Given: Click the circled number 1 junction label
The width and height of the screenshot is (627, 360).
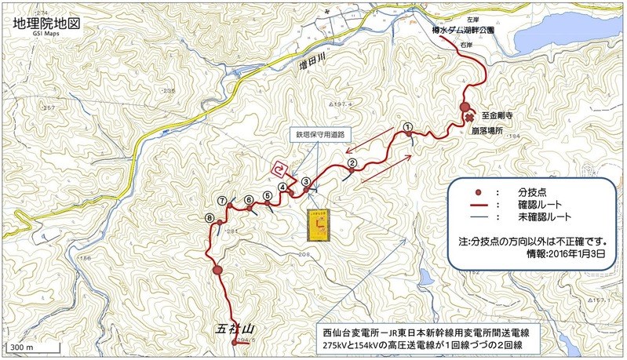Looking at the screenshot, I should [407, 126].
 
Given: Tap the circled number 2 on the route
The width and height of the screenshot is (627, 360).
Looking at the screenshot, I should [352, 163].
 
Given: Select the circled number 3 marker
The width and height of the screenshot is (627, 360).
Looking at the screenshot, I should [305, 181].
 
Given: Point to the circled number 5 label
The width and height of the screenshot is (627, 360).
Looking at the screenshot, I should [268, 196].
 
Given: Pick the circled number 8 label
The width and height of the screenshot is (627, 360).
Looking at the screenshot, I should [209, 218].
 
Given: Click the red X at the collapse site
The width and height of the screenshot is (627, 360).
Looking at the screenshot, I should [470, 118].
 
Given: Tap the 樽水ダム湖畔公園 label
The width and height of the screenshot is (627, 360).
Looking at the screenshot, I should [463, 30].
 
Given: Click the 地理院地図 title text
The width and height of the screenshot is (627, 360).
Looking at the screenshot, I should [47, 23].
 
